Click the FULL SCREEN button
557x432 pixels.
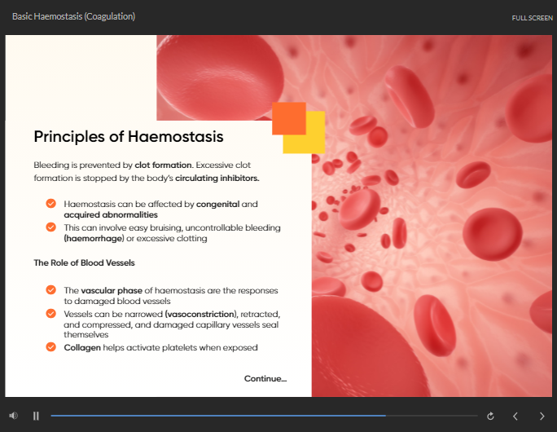pos(532,18)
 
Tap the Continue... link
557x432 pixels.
pos(265,379)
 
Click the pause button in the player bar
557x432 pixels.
pos(36,416)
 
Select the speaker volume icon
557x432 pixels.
pos(14,416)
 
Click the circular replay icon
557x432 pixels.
pos(490,416)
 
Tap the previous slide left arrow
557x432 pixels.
pos(515,416)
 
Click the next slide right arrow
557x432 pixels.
pos(542,416)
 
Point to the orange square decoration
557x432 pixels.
pos(289,118)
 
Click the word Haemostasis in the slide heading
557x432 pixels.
pos(175,137)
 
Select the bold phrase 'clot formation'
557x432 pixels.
pos(163,165)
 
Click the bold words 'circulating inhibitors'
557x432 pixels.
pos(217,179)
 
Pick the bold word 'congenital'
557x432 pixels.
pos(217,204)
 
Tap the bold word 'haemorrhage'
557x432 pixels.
pos(94,238)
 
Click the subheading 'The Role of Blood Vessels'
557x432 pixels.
pos(84,262)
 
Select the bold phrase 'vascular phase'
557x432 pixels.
pos(112,290)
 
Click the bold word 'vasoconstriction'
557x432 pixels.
pos(200,315)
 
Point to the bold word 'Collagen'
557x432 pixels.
pos(82,348)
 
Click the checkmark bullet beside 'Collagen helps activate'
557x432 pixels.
pos(50,346)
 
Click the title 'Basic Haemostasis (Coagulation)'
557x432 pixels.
pos(73,16)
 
